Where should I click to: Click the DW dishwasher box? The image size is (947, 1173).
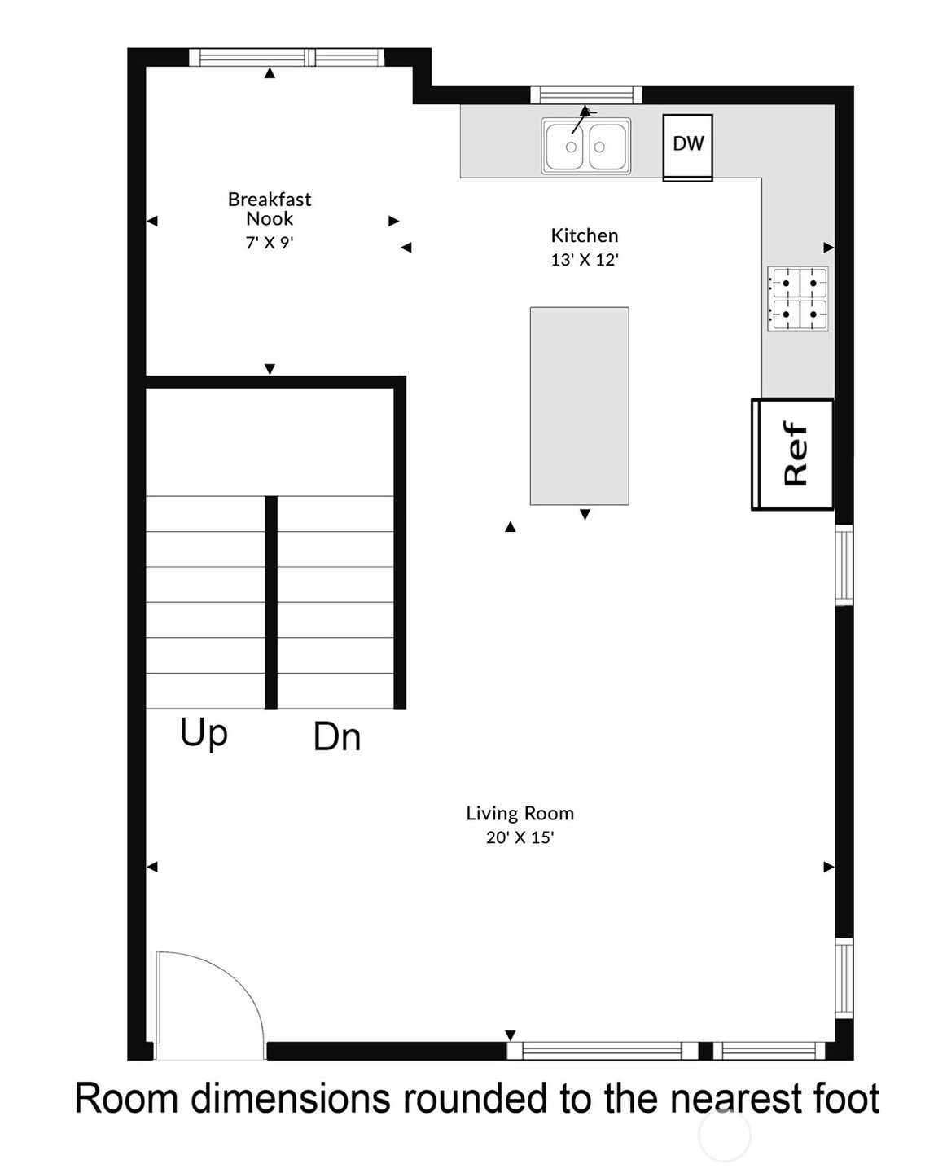coord(687,147)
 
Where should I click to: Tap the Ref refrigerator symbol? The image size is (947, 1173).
coord(792,454)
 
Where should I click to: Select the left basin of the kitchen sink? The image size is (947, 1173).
coord(565,146)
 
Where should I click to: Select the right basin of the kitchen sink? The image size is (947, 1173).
coord(607,146)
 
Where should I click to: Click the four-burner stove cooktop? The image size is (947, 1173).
coord(797,298)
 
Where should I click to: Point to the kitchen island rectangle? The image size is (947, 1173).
coord(579,406)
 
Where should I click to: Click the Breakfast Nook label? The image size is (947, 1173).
coord(270,209)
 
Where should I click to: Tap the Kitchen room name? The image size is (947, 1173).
coord(584,235)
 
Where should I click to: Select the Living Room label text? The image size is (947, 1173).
coord(520,813)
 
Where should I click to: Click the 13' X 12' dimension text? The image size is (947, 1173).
coord(584,260)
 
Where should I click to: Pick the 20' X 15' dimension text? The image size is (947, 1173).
coord(520,837)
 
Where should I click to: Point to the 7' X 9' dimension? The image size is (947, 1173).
coord(269,243)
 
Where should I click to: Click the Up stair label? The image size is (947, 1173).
coord(204,732)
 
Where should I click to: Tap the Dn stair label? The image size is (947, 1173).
coord(336,737)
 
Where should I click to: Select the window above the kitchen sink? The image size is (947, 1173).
coord(585,95)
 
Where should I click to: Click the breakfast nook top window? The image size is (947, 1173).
coord(287,57)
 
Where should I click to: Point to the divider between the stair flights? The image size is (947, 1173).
coord(271,602)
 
